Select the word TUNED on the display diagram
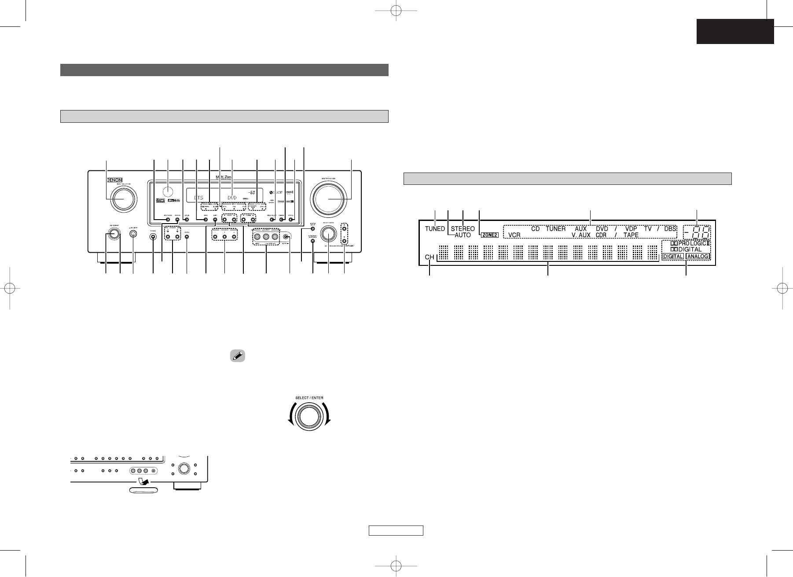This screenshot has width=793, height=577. pos(435,229)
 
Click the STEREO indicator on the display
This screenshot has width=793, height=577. pos(463,229)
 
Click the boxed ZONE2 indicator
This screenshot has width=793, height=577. pos(489,235)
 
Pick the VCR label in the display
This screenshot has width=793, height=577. pos(514,235)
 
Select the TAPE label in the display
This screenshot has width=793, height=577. pos(631,235)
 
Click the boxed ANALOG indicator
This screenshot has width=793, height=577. pos(698,257)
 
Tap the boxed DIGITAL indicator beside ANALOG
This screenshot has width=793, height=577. pos(673,257)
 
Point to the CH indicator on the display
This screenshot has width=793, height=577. pos(430,257)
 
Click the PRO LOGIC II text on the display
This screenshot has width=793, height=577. pos(689,243)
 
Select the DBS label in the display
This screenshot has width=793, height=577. pos(670,229)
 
